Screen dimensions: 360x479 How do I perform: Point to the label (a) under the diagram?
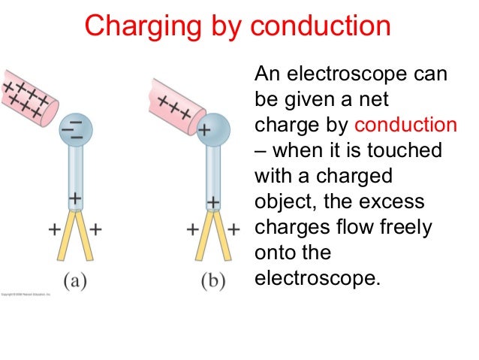73,282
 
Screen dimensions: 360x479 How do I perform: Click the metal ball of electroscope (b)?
212,129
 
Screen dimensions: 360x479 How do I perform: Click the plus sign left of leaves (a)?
54,230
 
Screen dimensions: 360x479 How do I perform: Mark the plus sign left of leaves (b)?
191,230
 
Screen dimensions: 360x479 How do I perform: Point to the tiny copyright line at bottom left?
26,293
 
